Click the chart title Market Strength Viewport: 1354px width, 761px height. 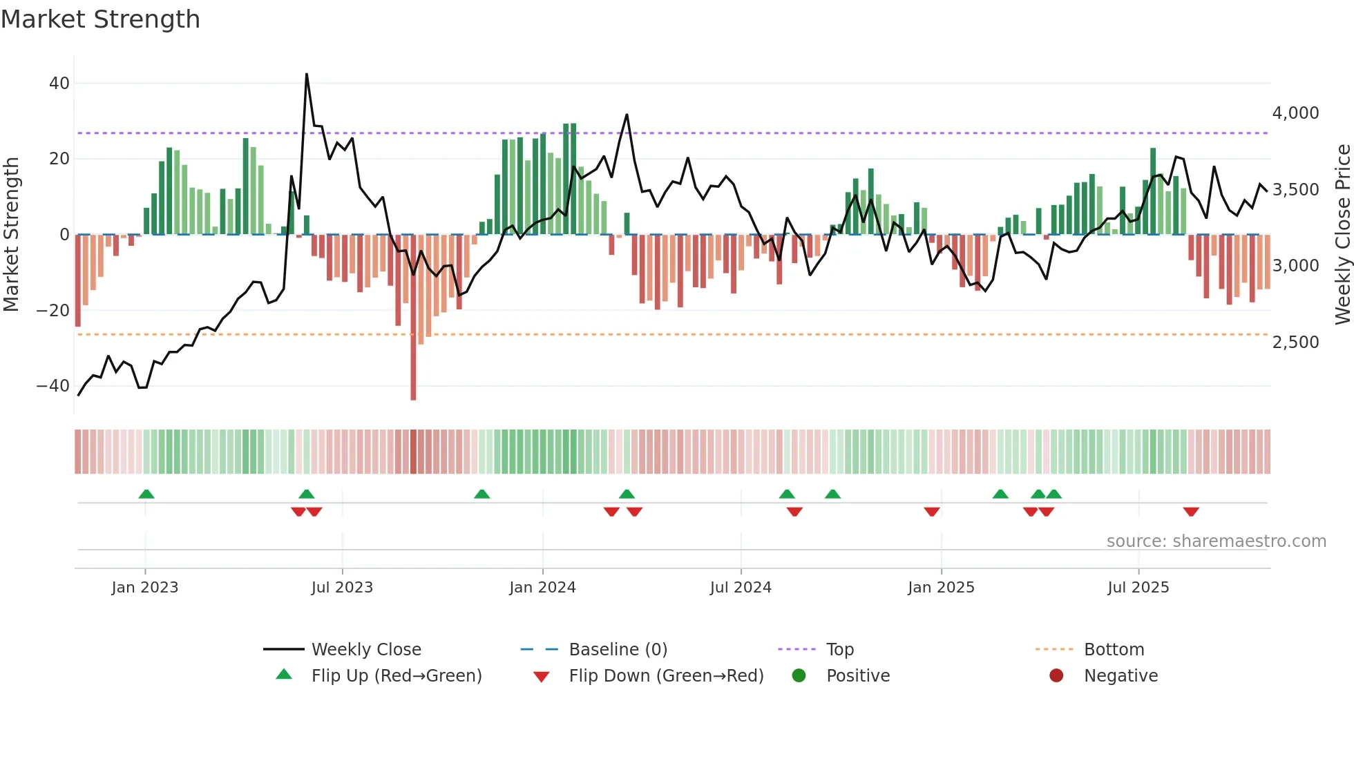[100, 19]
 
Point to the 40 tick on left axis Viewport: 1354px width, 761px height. [59, 84]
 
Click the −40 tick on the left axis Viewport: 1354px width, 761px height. [53, 386]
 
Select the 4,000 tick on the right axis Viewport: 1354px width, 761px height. [1295, 113]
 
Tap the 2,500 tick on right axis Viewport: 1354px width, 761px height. [1295, 343]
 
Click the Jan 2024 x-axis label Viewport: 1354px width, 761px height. [542, 588]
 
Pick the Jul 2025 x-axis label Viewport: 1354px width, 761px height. [1138, 588]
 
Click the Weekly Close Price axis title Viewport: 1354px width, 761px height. [1342, 235]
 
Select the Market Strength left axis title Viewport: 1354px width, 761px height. [11, 235]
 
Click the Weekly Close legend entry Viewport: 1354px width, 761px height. [365, 650]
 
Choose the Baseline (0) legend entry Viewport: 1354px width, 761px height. [618, 650]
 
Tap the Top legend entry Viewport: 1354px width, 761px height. [839, 650]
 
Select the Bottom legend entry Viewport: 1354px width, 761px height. [1114, 650]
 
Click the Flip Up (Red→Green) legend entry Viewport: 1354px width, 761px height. [396, 676]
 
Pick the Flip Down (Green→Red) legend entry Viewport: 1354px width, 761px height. [665, 676]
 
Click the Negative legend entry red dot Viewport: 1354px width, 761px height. [1056, 676]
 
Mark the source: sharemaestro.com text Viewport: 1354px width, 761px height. [1216, 541]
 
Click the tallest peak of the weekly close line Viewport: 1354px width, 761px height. [307, 75]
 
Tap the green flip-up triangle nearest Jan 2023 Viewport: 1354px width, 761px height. [146, 494]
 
